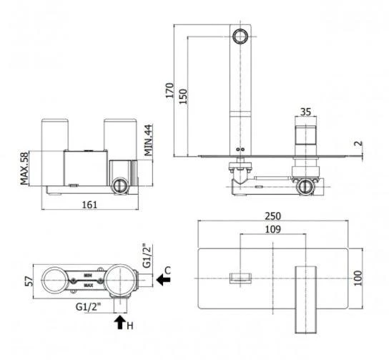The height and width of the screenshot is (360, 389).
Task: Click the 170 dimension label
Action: coord(169,90)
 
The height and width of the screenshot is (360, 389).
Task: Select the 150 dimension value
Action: coord(183,97)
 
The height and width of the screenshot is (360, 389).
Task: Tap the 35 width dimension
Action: coord(305,112)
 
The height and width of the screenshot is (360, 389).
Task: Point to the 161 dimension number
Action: coord(89,205)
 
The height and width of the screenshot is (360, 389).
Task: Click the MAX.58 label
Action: coord(24,169)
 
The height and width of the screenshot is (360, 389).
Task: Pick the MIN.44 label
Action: coord(148,140)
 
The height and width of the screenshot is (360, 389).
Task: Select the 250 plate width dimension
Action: coord(273,216)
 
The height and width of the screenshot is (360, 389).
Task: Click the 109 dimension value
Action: coord(273,230)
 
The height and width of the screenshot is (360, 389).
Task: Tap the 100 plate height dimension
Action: coord(358,278)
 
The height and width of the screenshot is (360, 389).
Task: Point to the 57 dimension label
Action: coord(29,281)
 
